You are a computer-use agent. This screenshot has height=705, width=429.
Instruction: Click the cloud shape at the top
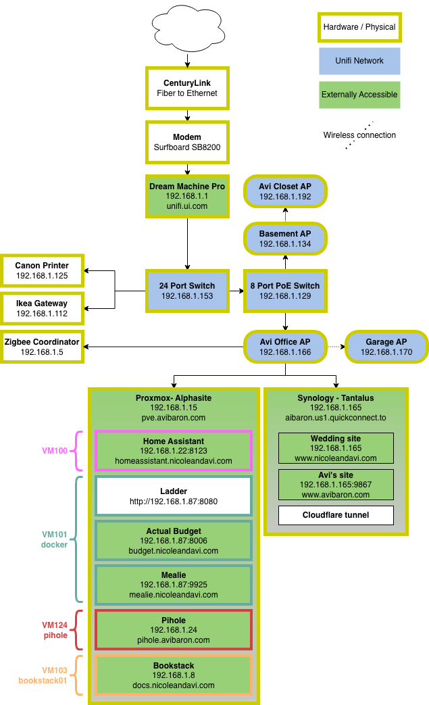coord(187,29)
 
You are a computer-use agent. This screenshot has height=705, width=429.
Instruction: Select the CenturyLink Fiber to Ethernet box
coord(187,88)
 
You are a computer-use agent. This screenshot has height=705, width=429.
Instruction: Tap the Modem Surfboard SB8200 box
coord(187,142)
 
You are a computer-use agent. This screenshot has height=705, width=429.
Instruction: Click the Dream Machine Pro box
coord(187,196)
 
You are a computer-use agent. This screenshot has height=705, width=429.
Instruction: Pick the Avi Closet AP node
coord(285,192)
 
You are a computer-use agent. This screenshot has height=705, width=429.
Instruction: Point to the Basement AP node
coord(285,239)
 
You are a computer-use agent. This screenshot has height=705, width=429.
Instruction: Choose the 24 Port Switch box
coord(187,291)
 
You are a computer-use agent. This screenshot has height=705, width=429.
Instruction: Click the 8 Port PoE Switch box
coord(285,291)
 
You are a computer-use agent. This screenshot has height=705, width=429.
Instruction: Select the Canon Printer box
coord(42,270)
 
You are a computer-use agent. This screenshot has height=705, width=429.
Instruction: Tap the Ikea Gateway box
coord(42,308)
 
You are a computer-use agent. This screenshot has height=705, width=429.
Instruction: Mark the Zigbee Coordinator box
coord(42,347)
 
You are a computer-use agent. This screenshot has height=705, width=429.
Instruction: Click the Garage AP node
coord(386,347)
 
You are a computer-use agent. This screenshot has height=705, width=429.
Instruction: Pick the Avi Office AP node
coord(285,347)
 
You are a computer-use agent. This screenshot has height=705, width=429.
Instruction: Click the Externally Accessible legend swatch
coord(359,95)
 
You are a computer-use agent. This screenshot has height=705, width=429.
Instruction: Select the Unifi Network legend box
coord(359,61)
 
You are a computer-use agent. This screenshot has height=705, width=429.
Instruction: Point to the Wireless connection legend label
coord(359,135)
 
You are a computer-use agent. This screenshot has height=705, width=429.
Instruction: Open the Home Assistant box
coord(174,451)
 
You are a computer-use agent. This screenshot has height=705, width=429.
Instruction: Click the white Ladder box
coord(174,496)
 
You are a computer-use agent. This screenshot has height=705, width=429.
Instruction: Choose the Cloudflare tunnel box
coord(336,515)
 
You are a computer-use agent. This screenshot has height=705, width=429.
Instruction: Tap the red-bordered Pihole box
coord(174,630)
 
